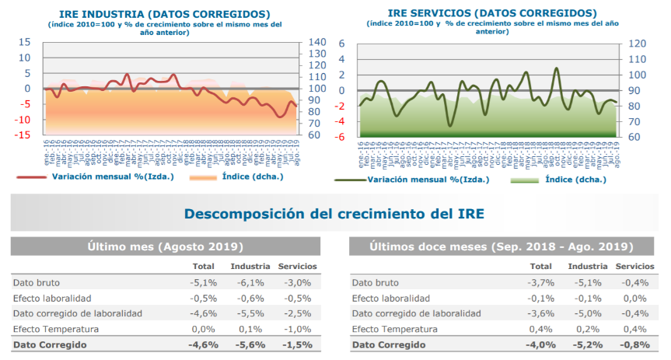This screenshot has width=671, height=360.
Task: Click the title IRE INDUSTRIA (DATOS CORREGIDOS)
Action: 165,14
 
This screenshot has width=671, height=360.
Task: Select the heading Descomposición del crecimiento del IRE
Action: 334,214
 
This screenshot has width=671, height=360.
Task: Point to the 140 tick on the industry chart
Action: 318,43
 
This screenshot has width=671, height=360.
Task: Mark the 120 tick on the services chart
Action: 637,44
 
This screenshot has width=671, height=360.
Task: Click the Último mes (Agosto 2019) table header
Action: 165,247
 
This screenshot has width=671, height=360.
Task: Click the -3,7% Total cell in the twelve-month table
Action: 542,283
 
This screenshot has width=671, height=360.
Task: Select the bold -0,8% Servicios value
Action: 637,344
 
